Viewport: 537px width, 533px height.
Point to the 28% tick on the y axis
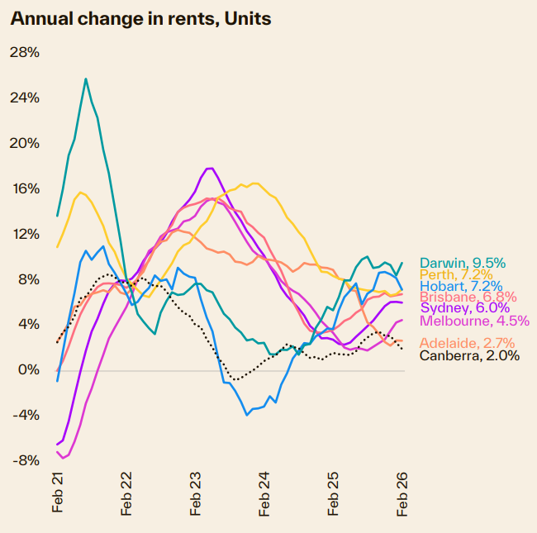tap(24, 52)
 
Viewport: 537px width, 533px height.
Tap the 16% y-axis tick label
tap(24, 188)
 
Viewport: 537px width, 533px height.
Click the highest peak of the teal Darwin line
tap(86, 79)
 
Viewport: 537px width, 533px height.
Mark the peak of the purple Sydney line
tap(211, 169)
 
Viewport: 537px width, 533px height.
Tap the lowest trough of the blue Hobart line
tap(247, 414)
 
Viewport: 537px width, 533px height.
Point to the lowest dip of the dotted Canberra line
tap(235, 380)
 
